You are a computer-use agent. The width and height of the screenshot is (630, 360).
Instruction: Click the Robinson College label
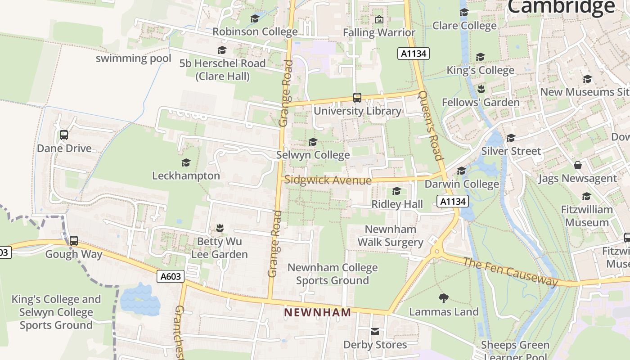click(255, 31)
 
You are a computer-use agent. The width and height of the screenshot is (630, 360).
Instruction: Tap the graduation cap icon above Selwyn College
click(313, 142)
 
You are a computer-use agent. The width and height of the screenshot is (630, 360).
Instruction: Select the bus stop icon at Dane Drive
click(64, 135)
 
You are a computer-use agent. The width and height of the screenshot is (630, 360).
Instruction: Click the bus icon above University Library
click(357, 98)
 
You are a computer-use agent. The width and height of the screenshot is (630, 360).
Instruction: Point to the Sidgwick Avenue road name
click(328, 180)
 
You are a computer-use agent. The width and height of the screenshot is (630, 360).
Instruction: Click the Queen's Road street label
click(431, 125)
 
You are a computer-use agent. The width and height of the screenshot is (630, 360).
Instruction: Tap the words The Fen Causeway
click(510, 271)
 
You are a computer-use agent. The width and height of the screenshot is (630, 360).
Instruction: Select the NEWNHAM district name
click(318, 312)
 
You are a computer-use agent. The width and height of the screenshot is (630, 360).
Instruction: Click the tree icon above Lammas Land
click(443, 298)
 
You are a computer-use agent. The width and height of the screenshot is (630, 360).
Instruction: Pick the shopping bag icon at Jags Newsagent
click(578, 165)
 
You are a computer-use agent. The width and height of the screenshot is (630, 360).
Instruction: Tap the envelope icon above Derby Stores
click(374, 332)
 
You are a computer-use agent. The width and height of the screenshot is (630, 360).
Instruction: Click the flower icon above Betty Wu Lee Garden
click(220, 228)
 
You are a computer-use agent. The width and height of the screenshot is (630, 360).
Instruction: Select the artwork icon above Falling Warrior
click(379, 19)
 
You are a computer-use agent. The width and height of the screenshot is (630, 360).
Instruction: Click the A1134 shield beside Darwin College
click(453, 201)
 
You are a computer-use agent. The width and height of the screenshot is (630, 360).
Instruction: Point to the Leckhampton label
click(186, 175)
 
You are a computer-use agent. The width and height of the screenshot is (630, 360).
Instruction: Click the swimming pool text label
click(134, 58)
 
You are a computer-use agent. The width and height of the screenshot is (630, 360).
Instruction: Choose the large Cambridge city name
click(561, 7)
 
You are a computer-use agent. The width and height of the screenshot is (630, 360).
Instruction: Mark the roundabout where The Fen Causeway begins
click(436, 252)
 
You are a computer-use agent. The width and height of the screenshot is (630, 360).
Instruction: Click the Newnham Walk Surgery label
click(390, 236)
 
